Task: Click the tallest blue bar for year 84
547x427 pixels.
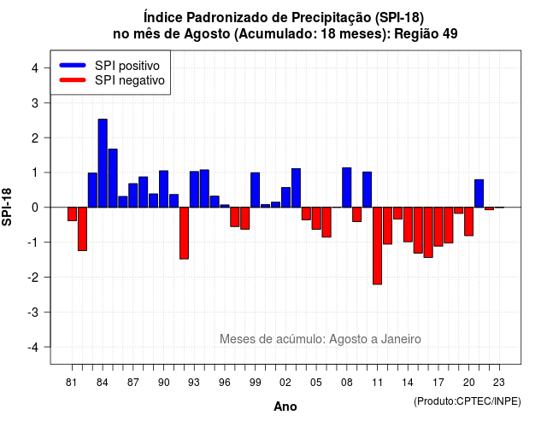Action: pyautogui.click(x=103, y=163)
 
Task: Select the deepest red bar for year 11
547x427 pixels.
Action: pyautogui.click(x=377, y=246)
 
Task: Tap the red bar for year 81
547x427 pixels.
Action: pyautogui.click(x=72, y=214)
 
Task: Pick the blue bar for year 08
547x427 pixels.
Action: pyautogui.click(x=347, y=188)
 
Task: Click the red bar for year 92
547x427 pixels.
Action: pyautogui.click(x=184, y=233)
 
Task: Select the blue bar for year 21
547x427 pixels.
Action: pyautogui.click(x=479, y=194)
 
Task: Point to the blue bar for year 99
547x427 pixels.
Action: pyautogui.click(x=255, y=190)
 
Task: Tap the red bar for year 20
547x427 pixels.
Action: pyautogui.click(x=469, y=221)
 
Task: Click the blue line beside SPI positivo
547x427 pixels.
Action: pyautogui.click(x=73, y=65)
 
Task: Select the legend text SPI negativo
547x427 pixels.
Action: pyautogui.click(x=130, y=80)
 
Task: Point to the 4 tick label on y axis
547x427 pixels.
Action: pyautogui.click(x=35, y=68)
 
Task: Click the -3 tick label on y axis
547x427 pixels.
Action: pyautogui.click(x=33, y=313)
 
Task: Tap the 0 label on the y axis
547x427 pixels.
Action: pyautogui.click(x=35, y=208)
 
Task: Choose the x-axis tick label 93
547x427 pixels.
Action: pyautogui.click(x=194, y=383)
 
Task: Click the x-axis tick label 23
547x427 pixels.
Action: pyautogui.click(x=499, y=383)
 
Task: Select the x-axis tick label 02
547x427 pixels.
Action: pyautogui.click(x=285, y=383)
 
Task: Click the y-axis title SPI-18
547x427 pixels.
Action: pyautogui.click(x=7, y=207)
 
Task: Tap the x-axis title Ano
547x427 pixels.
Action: pyautogui.click(x=285, y=407)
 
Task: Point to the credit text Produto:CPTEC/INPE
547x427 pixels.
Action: pyautogui.click(x=468, y=401)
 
